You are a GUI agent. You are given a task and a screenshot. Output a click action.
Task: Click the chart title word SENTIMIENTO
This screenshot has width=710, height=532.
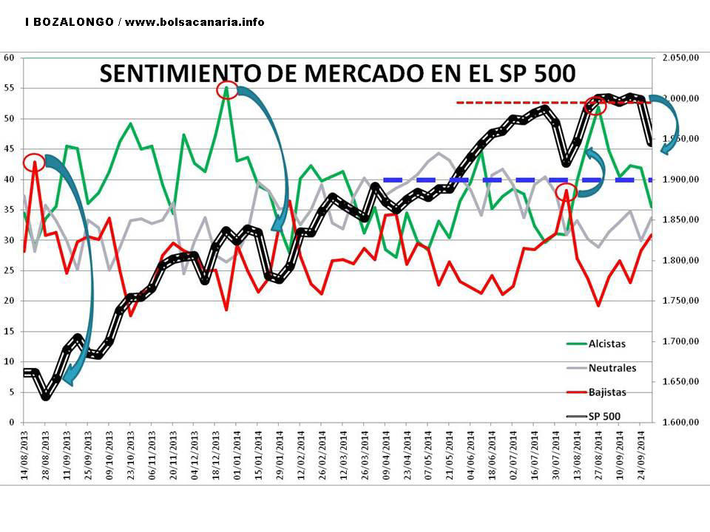[x=177, y=74]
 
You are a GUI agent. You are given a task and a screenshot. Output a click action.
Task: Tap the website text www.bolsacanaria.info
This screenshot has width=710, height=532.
[x=195, y=22]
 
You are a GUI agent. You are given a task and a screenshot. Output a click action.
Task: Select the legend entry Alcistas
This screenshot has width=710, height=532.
[x=606, y=344]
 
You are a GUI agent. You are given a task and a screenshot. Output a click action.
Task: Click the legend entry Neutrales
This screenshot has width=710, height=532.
[x=612, y=368]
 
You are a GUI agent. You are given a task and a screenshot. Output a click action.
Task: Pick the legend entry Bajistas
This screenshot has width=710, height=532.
[x=607, y=392]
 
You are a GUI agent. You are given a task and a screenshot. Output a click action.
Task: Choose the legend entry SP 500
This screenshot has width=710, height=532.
[x=604, y=417]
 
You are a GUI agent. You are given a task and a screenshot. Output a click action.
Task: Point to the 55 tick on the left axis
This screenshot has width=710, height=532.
[x=10, y=88]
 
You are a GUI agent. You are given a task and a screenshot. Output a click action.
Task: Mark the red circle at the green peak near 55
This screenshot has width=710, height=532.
[x=227, y=90]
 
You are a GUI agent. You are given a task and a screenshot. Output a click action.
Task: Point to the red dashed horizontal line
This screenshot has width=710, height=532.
[x=518, y=102]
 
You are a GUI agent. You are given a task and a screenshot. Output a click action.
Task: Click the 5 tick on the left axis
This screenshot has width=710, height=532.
[x=10, y=392]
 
